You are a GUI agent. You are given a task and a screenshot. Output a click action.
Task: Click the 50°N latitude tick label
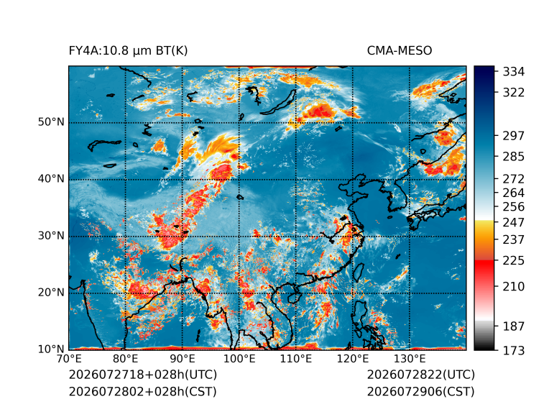(x=51, y=122)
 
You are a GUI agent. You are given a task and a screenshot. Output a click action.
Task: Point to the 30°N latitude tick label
(x=51, y=236)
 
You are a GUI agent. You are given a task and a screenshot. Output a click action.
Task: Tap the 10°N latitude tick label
(x=51, y=349)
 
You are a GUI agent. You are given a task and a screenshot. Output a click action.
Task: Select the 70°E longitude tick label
(x=69, y=359)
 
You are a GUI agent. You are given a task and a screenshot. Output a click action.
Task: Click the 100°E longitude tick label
(x=239, y=359)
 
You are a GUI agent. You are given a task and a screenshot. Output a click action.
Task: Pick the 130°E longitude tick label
(x=410, y=359)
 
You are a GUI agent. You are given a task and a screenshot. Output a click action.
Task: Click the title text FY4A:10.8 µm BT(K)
(x=128, y=51)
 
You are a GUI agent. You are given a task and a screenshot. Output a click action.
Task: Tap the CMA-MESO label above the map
(x=400, y=51)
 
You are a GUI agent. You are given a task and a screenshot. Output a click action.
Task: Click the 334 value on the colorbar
(x=514, y=72)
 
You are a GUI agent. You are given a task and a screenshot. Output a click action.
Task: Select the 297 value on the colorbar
(x=514, y=136)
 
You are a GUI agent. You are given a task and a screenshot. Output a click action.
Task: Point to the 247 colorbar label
(x=514, y=222)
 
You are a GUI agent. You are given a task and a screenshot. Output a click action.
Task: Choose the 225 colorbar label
(x=514, y=261)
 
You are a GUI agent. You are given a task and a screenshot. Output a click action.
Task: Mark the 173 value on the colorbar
(x=514, y=350)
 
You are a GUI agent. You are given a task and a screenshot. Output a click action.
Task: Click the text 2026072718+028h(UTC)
(x=143, y=375)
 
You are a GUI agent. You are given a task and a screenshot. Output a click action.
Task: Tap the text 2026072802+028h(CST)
(x=142, y=391)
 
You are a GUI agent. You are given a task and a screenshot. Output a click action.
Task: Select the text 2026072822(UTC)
(x=421, y=375)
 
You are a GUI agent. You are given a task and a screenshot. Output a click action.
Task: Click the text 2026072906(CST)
(x=420, y=391)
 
